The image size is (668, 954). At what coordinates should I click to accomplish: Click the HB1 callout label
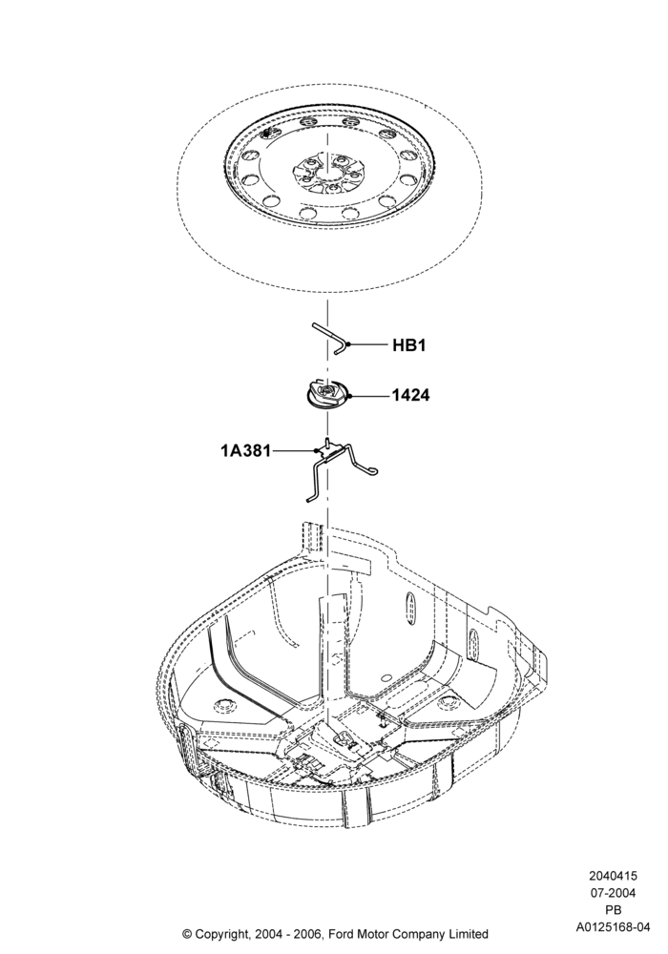[408, 345]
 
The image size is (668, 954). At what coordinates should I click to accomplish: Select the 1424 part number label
[410, 396]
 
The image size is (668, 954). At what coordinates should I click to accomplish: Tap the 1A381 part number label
[246, 451]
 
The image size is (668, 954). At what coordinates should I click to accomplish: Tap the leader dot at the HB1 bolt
[348, 345]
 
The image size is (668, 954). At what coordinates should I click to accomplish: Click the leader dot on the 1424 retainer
[351, 397]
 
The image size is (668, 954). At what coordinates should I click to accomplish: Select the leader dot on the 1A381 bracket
[317, 451]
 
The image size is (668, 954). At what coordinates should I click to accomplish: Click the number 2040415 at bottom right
[613, 876]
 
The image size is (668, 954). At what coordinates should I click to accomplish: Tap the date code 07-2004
[613, 893]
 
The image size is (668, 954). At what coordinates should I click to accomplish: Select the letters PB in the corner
[613, 910]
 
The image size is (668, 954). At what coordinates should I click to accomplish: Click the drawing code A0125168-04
[614, 927]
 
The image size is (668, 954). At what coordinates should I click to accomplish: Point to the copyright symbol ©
[187, 933]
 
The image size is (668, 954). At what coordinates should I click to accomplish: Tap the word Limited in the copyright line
[468, 933]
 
